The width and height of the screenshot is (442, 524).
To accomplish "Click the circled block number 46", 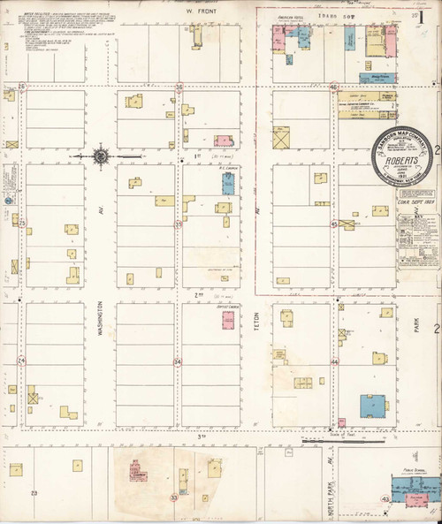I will [x=334, y=87].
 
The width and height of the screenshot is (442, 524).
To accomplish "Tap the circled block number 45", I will [x=334, y=224].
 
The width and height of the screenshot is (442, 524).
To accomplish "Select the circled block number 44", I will [x=334, y=362].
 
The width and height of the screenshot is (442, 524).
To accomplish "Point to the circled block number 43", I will [x=385, y=500].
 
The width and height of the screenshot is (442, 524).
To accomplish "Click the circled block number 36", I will [x=179, y=87].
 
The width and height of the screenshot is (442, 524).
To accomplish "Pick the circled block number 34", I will [x=178, y=362].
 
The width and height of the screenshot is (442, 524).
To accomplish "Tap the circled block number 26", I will [x=22, y=87].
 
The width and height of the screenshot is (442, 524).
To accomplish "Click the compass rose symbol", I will [x=101, y=156].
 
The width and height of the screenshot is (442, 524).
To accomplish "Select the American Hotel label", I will [x=292, y=18].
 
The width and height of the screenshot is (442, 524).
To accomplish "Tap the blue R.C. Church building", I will [x=227, y=183].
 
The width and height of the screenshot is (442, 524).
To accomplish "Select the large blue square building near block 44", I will [x=371, y=406].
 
